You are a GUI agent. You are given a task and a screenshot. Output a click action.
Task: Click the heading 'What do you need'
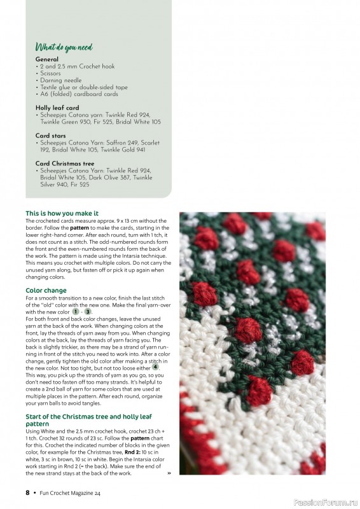pos(64,47)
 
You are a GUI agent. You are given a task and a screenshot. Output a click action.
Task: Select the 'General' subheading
pos(47,59)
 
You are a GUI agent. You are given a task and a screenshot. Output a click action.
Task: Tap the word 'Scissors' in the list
pos(50,73)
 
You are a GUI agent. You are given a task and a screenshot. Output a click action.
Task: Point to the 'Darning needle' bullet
pos(59,80)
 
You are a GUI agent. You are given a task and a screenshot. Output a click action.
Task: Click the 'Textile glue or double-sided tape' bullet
pos(83,87)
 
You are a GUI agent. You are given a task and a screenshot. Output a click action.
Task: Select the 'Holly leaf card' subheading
pos(57,108)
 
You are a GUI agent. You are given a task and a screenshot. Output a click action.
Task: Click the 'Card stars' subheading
pos(51,136)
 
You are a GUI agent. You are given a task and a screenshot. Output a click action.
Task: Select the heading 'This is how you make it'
pos(62,213)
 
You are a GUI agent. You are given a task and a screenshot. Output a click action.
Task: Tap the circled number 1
pos(76,312)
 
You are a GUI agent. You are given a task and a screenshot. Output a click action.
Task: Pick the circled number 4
pos(155,367)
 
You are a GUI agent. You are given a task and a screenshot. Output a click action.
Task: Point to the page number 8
pos(27,492)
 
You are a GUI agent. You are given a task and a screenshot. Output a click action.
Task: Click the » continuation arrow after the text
pos(169,473)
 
